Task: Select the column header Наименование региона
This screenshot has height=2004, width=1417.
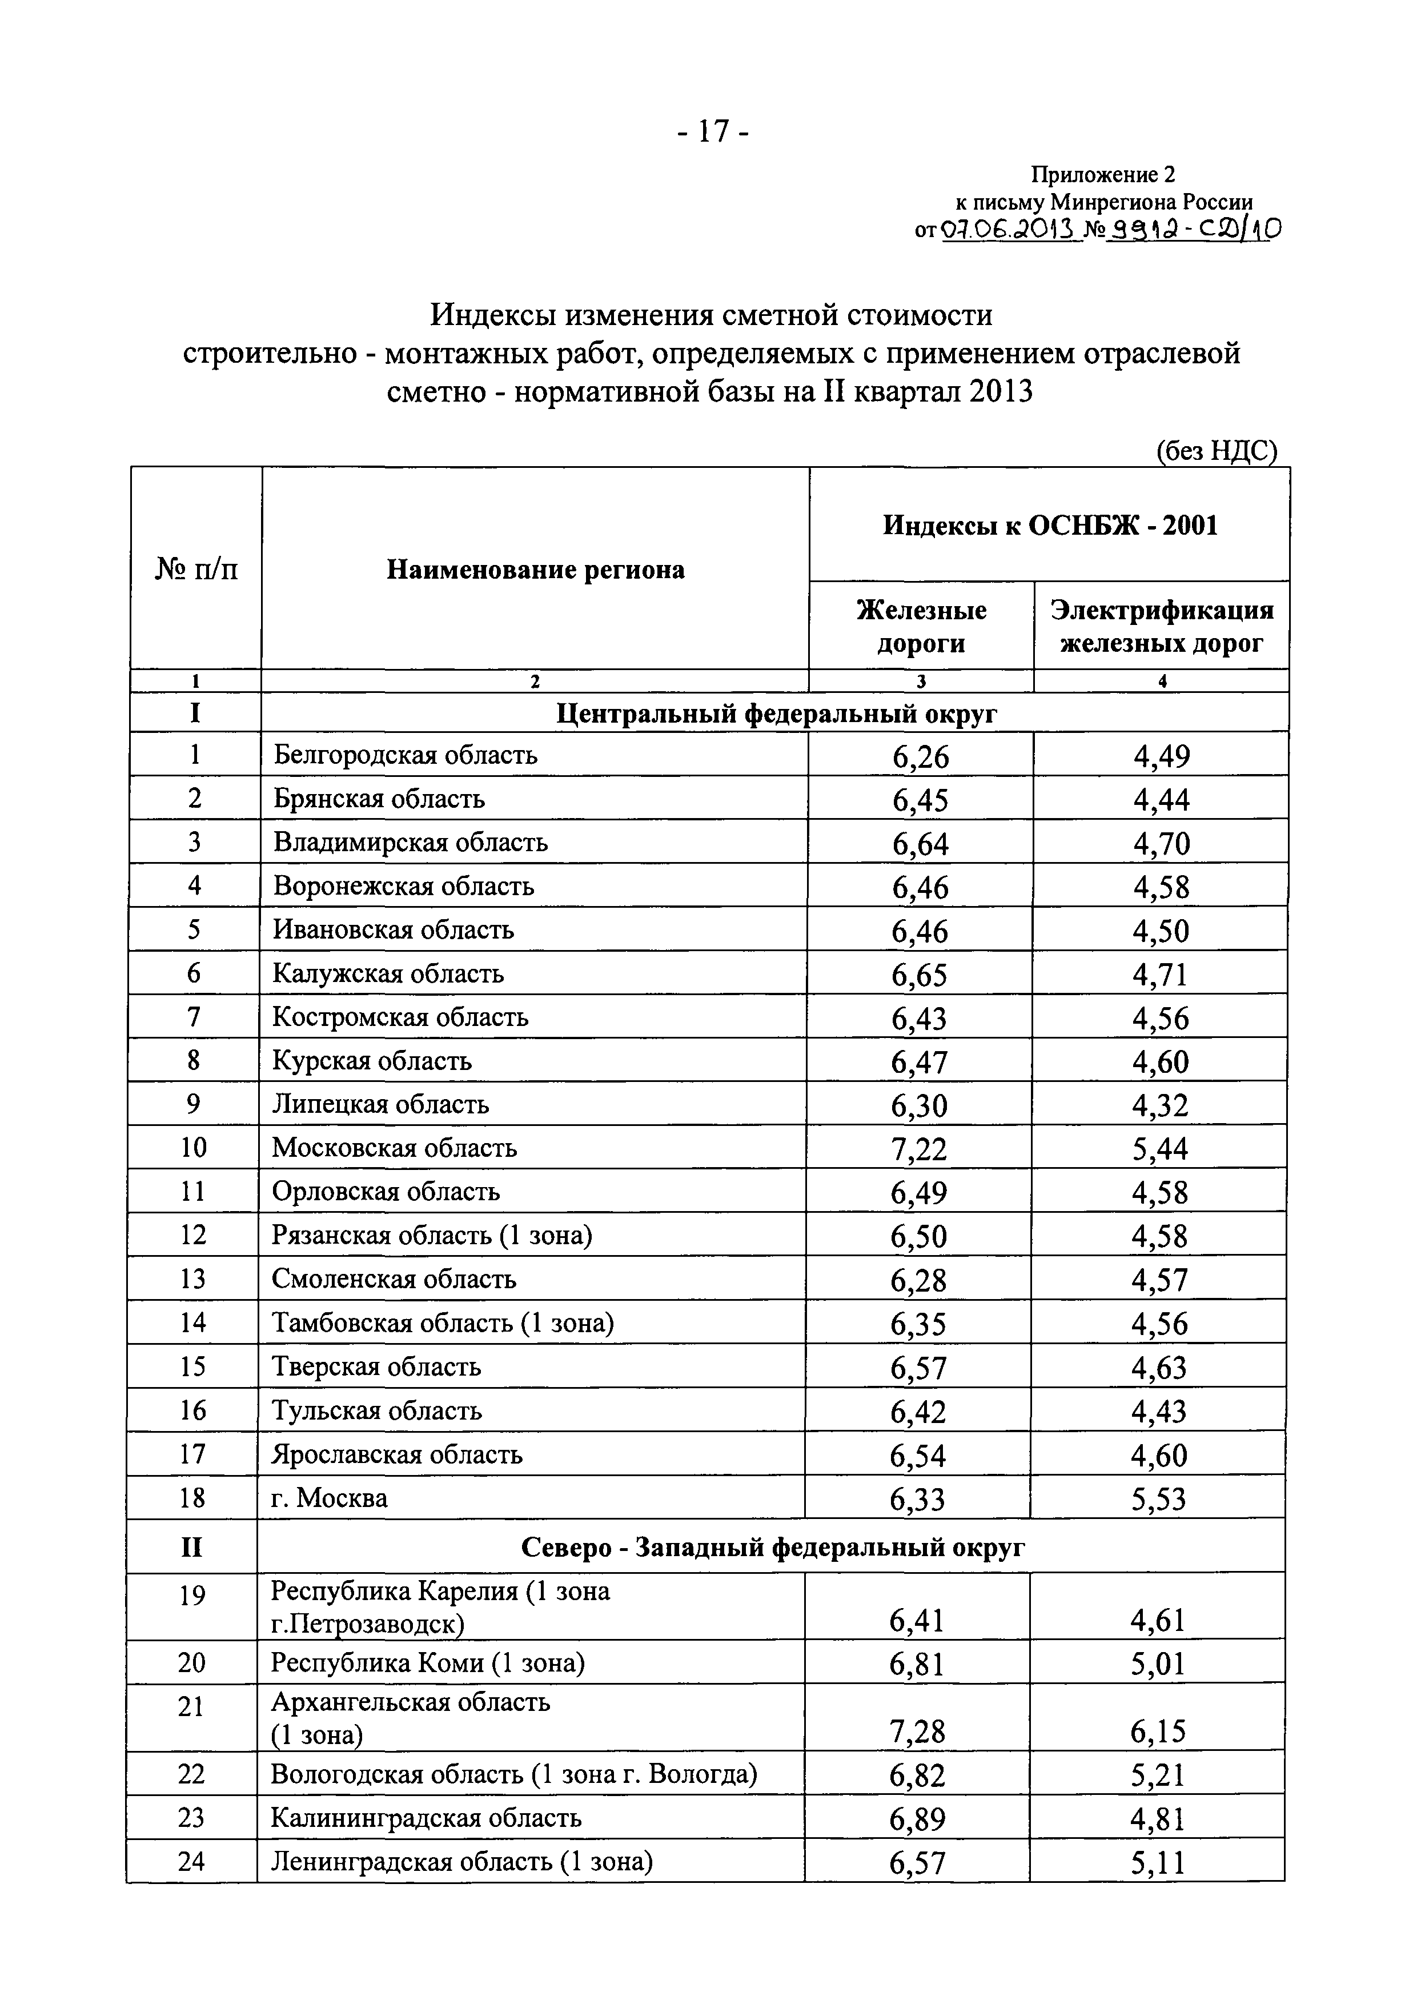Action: [x=536, y=570]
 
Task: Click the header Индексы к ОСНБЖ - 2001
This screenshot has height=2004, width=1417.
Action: [x=1050, y=526]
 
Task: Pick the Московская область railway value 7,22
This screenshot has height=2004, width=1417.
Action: [x=919, y=1149]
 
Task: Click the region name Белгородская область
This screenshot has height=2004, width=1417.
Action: [x=405, y=754]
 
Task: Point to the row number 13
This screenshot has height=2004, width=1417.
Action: [x=193, y=1278]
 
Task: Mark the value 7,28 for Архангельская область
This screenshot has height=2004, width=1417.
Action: [x=917, y=1732]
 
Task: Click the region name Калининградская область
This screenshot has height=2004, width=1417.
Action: [x=426, y=1818]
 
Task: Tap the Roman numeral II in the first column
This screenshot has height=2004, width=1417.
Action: [x=192, y=1548]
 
